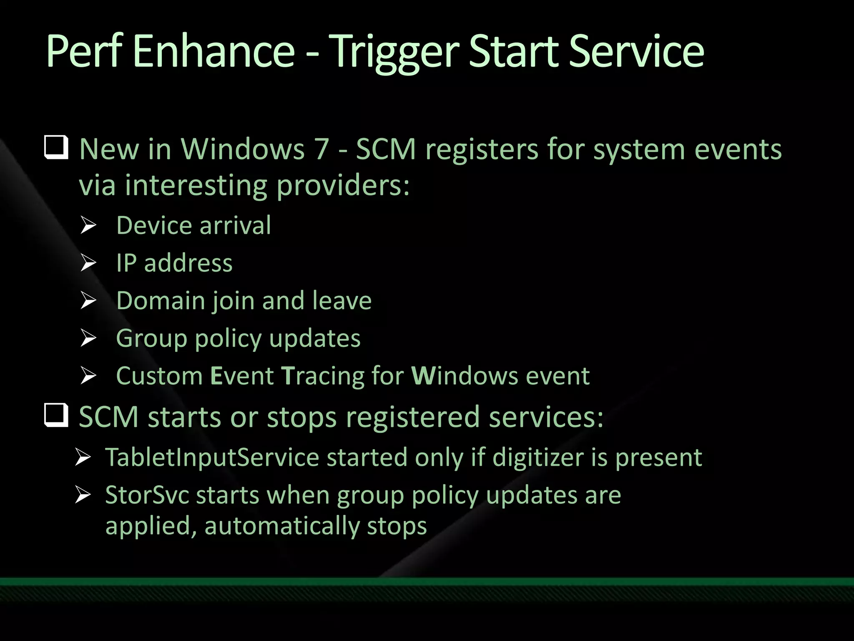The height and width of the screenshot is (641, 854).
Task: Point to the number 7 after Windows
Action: pos(321,149)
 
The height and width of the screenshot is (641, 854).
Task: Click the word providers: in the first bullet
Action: pos(343,186)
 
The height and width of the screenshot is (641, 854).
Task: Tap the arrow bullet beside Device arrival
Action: pos(88,226)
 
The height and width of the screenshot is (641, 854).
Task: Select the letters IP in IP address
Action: pos(126,263)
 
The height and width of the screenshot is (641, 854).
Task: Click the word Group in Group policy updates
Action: pos(151,338)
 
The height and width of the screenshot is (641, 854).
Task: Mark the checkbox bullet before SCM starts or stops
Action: pos(56,415)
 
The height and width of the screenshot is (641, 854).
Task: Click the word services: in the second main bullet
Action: pos(546,417)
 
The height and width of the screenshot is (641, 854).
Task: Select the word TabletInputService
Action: pos(212,457)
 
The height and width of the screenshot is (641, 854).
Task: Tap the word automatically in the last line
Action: pos(281,525)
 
